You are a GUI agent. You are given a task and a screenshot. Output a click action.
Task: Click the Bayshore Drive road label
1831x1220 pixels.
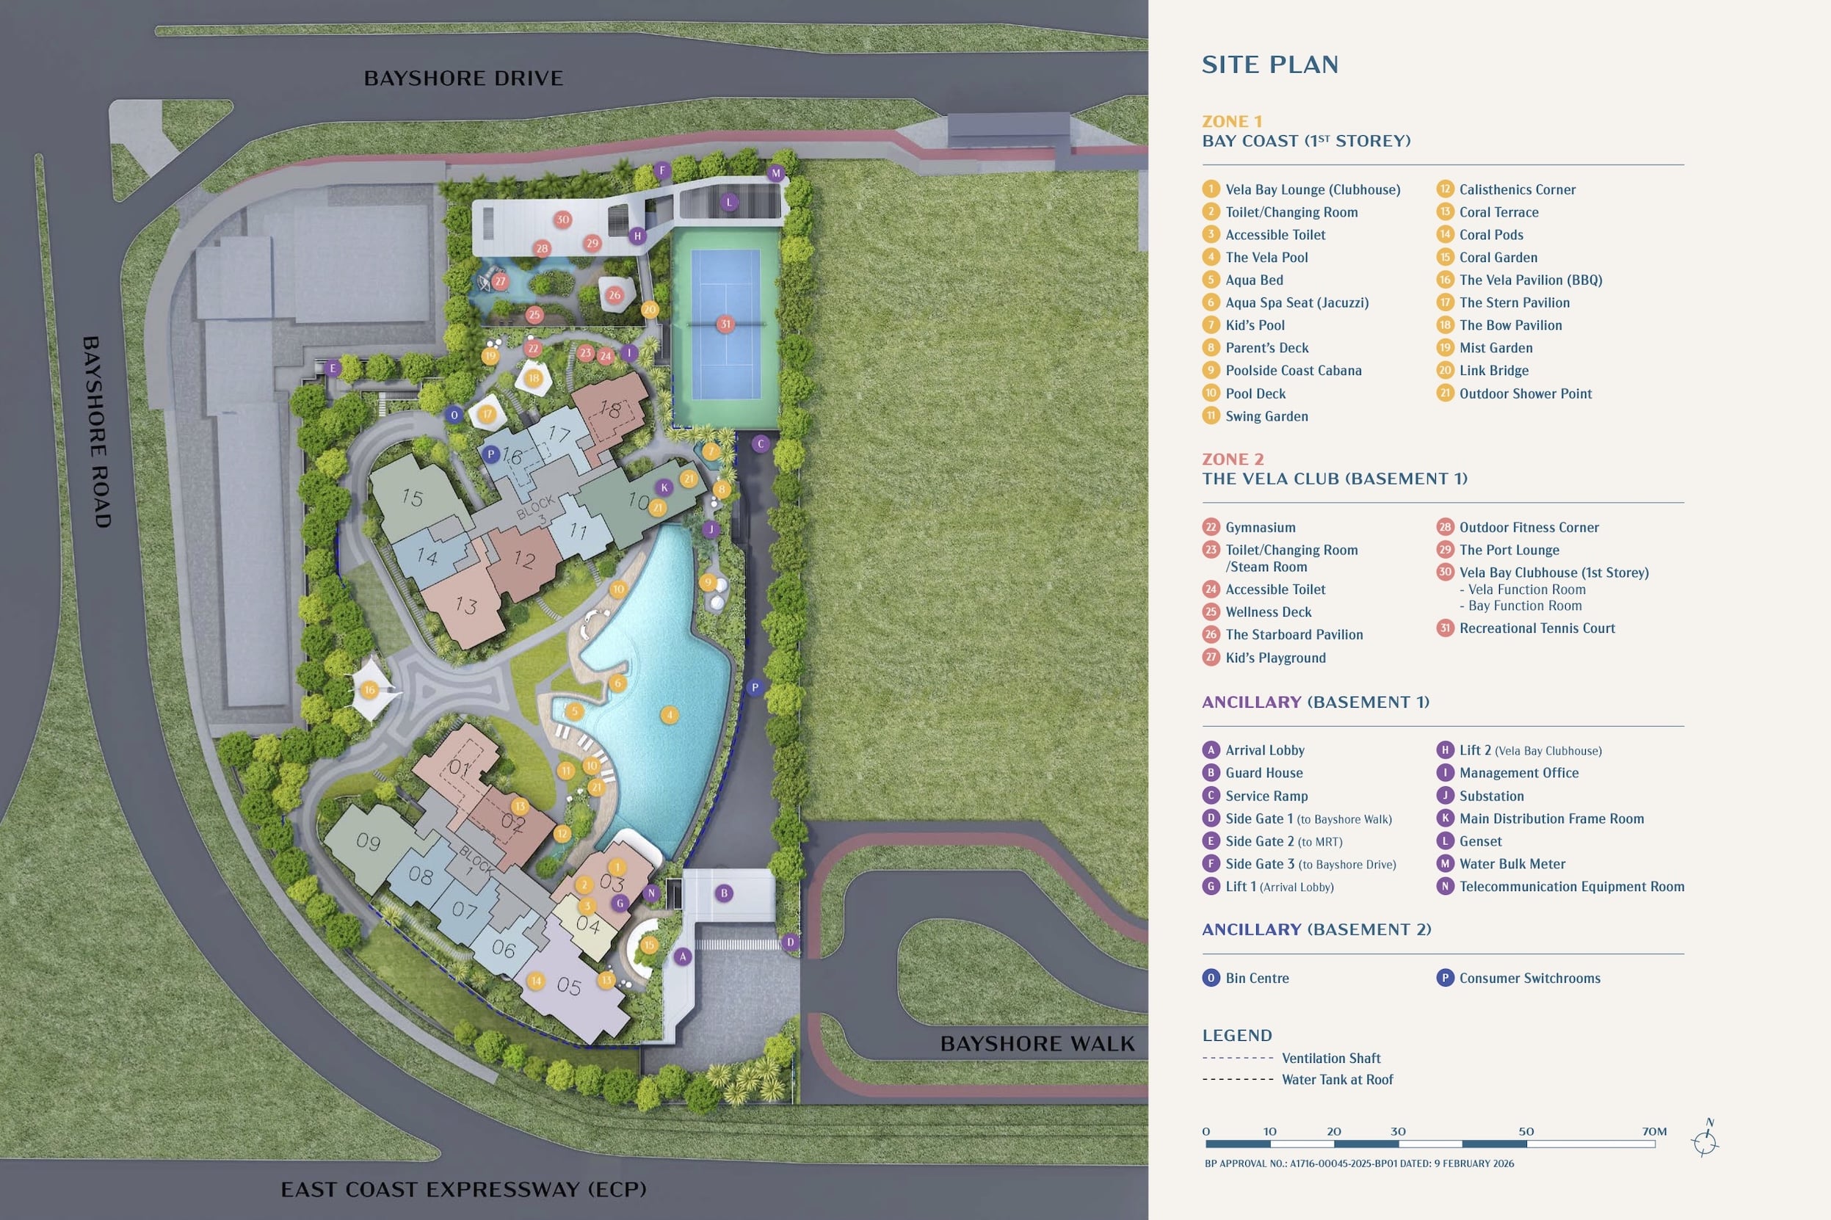(463, 79)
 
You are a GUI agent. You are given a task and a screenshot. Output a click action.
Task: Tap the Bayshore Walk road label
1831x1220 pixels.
(1037, 1043)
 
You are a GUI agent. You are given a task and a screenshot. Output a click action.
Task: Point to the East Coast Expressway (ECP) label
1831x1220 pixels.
(463, 1190)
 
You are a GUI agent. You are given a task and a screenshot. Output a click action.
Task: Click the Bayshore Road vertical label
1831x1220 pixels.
(97, 432)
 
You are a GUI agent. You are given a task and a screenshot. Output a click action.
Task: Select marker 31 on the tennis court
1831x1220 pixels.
(725, 324)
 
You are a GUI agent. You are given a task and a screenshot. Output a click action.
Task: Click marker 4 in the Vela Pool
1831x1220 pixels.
(670, 714)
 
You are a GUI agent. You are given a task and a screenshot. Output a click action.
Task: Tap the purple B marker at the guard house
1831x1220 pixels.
(724, 893)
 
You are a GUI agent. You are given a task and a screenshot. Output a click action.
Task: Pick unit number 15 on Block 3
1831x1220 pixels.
(413, 497)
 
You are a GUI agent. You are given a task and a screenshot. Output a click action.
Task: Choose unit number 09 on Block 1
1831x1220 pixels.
(368, 841)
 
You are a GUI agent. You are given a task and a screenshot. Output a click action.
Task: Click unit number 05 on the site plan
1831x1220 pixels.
(569, 987)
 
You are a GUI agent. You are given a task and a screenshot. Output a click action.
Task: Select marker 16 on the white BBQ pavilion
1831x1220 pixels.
(369, 689)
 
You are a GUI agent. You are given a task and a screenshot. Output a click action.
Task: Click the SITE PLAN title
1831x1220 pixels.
(1270, 65)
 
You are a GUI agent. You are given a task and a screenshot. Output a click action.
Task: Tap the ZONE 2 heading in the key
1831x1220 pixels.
(1233, 459)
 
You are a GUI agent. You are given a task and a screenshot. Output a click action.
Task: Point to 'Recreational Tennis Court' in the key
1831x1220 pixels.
(1537, 628)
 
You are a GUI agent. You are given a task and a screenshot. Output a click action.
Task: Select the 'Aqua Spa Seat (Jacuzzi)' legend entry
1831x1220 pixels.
(1297, 302)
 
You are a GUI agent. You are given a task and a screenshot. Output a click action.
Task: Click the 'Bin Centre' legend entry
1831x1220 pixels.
(1257, 978)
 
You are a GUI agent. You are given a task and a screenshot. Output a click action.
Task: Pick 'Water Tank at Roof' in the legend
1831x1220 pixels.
(1337, 1079)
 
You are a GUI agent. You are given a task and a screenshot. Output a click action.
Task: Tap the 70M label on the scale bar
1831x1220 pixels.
(1654, 1131)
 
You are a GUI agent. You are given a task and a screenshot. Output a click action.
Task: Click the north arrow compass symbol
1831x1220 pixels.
(1705, 1142)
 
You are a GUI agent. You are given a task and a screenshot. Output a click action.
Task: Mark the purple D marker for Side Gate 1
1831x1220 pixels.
(791, 943)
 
